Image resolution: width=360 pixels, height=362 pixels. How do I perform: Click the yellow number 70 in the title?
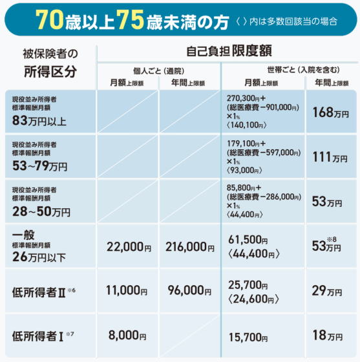[49, 20]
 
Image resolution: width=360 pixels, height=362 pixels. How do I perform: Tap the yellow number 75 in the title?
[130, 20]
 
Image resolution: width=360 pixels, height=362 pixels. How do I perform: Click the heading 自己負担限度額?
[229, 51]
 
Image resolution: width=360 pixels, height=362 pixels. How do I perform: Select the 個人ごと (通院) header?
[158, 71]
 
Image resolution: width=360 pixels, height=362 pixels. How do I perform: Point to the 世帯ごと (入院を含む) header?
[303, 70]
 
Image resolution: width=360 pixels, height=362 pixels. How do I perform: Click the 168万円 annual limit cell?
[330, 112]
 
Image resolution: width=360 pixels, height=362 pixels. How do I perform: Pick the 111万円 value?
[330, 158]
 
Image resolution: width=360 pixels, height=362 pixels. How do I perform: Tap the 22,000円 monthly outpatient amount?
[129, 247]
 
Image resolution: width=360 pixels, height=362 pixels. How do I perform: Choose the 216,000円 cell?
[189, 247]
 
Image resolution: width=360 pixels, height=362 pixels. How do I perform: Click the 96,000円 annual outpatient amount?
[189, 290]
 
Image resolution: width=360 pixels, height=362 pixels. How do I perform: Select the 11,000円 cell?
[127, 290]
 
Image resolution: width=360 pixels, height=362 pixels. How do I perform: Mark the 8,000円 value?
[127, 335]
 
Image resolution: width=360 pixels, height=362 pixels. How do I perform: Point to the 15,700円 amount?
[248, 337]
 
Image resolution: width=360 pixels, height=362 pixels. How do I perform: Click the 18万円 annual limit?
[327, 335]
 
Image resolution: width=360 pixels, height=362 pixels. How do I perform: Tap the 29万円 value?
[327, 291]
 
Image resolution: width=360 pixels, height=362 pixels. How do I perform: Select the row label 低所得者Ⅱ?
[39, 292]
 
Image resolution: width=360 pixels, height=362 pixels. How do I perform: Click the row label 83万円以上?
[39, 121]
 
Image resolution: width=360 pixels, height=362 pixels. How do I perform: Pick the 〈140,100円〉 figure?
[247, 125]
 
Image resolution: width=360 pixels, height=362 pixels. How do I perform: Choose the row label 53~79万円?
[39, 165]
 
